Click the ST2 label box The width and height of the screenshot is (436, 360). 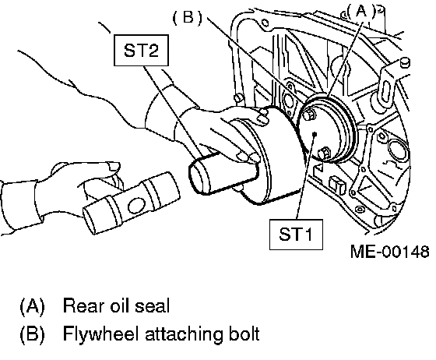(x=141, y=51)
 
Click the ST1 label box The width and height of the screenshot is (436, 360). (x=296, y=235)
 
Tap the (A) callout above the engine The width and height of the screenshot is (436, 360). (x=361, y=12)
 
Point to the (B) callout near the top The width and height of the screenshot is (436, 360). (x=188, y=17)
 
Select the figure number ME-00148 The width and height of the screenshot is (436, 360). (x=390, y=252)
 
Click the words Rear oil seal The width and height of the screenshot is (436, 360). (x=116, y=305)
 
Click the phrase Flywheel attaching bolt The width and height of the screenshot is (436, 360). (x=161, y=334)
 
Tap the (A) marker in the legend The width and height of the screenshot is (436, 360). (x=32, y=306)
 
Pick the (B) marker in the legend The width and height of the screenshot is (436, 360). (x=32, y=334)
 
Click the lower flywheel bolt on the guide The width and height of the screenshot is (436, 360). (x=323, y=154)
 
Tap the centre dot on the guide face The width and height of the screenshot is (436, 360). (x=315, y=134)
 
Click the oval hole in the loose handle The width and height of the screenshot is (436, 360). (x=136, y=205)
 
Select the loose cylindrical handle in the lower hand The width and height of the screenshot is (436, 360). (x=132, y=203)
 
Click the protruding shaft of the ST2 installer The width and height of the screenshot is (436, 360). (x=223, y=173)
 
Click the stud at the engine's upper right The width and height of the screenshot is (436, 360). (x=406, y=62)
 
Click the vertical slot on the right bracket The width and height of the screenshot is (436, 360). (x=385, y=90)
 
